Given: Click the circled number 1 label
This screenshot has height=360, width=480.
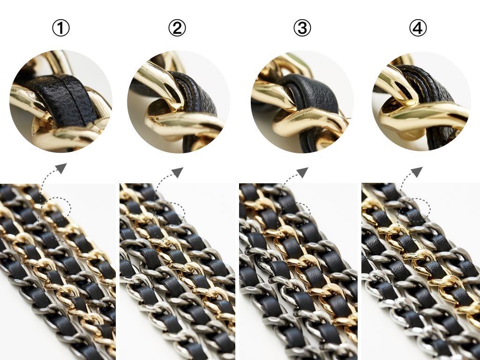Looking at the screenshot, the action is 61,28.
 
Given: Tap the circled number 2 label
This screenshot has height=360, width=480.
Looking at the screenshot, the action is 177,28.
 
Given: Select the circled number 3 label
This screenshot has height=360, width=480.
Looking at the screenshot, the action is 302,28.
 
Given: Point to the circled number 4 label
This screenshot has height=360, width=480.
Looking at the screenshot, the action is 418,28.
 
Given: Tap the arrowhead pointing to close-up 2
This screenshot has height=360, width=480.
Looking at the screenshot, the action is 178,172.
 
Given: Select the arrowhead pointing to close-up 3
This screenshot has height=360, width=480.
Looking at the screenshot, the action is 303,172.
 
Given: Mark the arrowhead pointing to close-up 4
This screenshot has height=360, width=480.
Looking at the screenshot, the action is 417,172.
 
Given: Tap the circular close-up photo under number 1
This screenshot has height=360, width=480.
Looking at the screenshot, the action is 61,101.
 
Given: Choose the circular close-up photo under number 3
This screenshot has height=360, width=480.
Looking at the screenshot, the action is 302,102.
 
